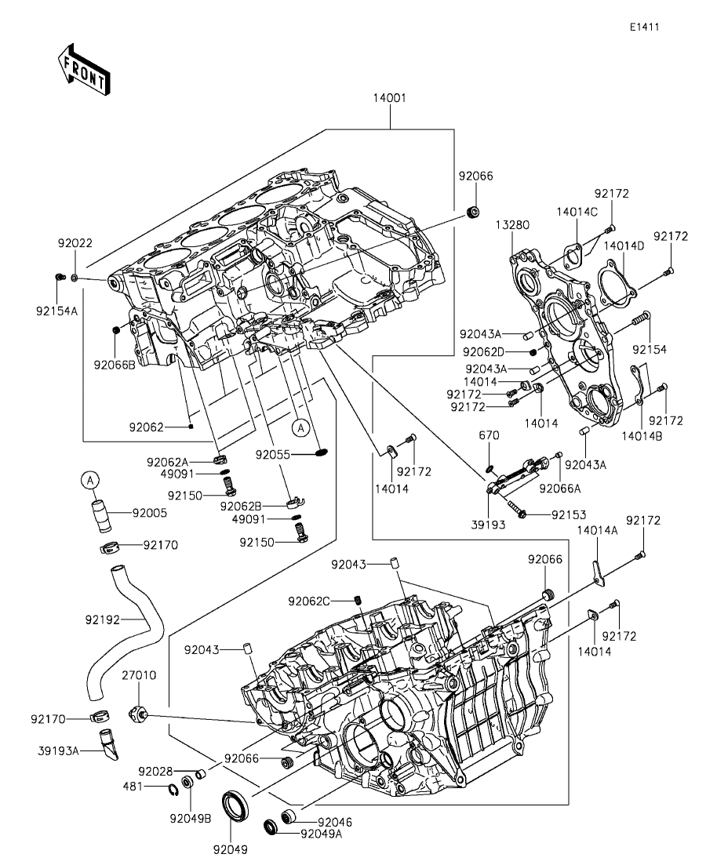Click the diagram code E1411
[643, 27]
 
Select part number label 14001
[390, 99]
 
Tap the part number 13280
[513, 225]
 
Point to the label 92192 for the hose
[102, 619]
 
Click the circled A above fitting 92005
[90, 479]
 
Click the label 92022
[74, 243]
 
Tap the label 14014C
[577, 212]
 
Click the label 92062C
[329, 602]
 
